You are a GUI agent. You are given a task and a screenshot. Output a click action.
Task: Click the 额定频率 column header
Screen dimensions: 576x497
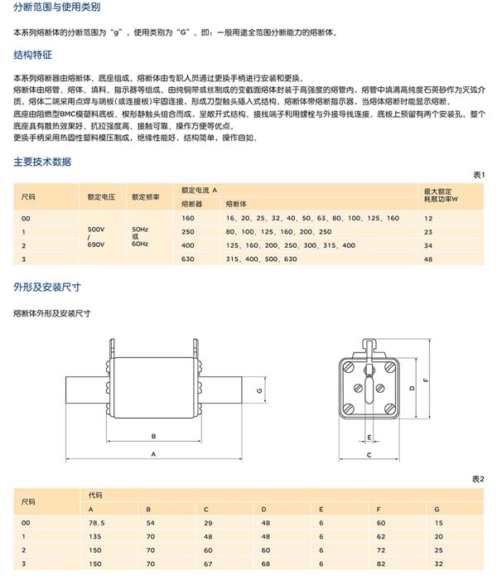[144, 196]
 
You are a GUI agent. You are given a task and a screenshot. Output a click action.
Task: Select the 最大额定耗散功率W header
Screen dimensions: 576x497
[441, 196]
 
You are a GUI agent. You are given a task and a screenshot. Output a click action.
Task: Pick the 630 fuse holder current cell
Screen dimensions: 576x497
[187, 259]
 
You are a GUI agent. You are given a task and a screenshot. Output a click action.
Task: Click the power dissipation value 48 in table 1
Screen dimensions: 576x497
[428, 259]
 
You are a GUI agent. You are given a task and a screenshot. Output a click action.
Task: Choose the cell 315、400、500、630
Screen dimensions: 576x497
[261, 259]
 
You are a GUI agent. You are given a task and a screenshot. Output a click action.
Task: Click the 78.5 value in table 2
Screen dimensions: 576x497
[99, 523]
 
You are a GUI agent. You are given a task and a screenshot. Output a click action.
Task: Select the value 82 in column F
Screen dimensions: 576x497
[380, 564]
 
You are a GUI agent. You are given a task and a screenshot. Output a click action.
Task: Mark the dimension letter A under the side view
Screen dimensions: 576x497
[154, 454]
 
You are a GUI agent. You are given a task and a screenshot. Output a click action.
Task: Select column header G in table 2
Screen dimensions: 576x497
[437, 509]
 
